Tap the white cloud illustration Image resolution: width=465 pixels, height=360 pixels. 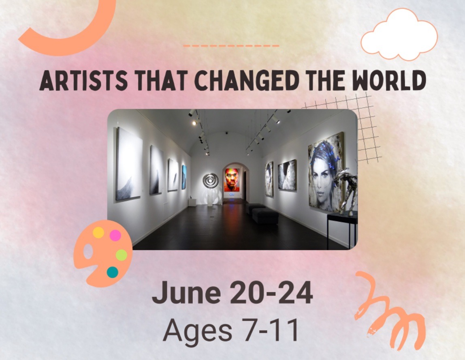coord(399,34)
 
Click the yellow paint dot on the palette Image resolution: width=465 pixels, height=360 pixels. coord(98,232)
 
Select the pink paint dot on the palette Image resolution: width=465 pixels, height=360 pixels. coord(115,236)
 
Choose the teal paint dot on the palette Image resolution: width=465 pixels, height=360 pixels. coord(112,272)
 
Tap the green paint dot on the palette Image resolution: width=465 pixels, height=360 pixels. coord(121,255)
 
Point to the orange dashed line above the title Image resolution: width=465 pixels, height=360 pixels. coord(231,46)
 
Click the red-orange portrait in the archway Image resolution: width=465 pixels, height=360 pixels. coord(232,180)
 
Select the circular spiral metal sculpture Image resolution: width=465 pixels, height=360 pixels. coord(211,180)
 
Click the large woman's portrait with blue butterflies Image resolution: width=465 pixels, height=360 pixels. coord(326,171)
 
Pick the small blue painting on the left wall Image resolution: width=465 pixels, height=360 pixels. coord(184,177)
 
